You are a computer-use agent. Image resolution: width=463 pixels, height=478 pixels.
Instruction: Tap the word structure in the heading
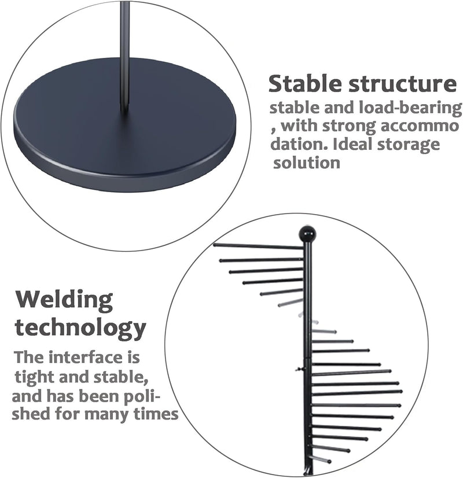(402, 83)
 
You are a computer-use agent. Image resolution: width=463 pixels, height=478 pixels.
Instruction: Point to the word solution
(307, 162)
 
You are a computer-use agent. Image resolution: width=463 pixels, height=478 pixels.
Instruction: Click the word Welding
(64, 301)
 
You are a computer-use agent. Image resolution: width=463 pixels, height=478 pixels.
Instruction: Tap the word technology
(80, 328)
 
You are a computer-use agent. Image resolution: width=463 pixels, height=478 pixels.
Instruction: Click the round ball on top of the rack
(307, 234)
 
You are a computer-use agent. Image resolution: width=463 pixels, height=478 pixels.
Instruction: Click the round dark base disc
(124, 124)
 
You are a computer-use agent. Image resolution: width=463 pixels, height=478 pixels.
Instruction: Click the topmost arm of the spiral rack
(258, 247)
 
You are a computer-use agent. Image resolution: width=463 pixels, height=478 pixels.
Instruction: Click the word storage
(408, 145)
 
